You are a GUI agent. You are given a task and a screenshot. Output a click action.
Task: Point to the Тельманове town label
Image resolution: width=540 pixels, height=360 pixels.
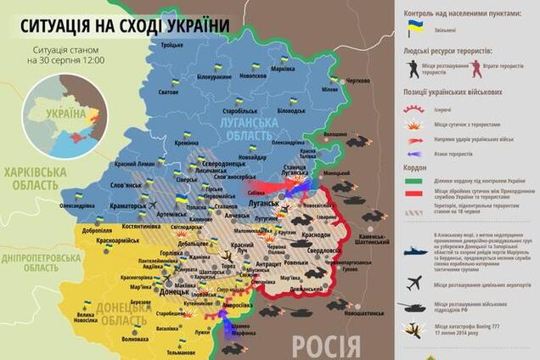181,352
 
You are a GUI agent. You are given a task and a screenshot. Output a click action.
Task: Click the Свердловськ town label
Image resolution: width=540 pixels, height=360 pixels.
323,251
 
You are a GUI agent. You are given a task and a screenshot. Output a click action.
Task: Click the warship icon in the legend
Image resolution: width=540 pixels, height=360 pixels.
415,252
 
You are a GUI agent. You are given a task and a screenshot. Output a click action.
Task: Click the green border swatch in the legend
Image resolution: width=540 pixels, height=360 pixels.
415,181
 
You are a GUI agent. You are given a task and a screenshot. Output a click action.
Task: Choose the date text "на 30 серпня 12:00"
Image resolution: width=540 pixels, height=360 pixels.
65,61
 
